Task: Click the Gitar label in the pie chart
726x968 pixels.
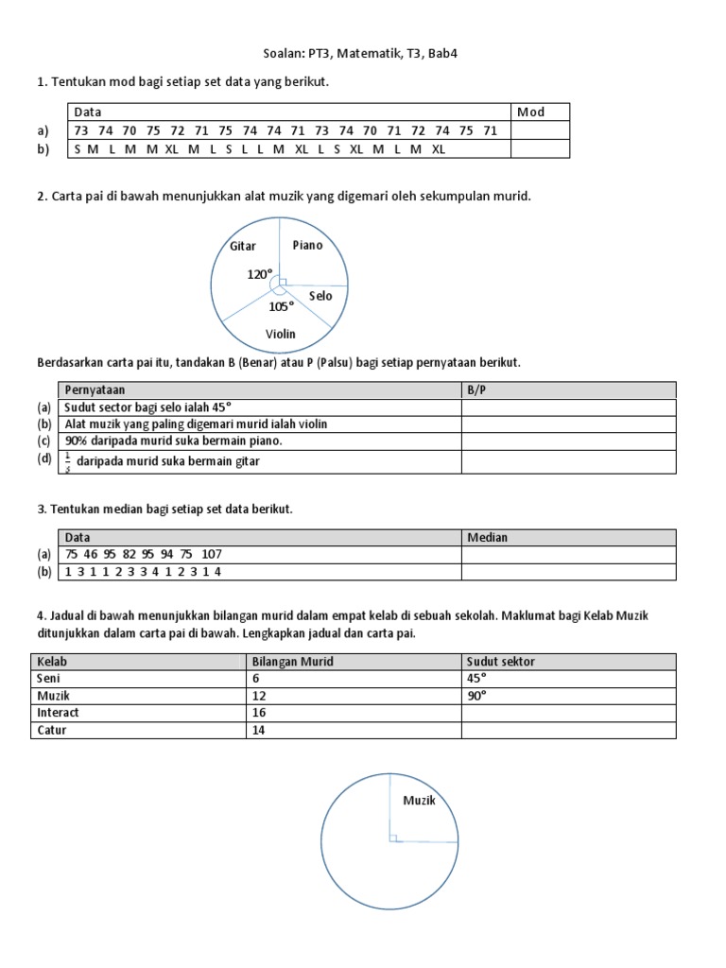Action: click(x=243, y=247)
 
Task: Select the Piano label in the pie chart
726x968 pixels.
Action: click(x=307, y=245)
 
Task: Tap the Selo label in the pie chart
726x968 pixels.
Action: click(x=320, y=296)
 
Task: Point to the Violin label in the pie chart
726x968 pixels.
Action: click(x=281, y=334)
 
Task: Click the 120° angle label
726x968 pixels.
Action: click(x=260, y=274)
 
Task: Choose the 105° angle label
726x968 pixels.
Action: click(x=281, y=306)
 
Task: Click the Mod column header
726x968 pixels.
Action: click(x=530, y=112)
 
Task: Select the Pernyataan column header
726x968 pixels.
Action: click(x=95, y=389)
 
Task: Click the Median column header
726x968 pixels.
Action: click(x=487, y=537)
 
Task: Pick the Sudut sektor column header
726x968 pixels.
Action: click(x=500, y=662)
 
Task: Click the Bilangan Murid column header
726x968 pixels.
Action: click(x=292, y=662)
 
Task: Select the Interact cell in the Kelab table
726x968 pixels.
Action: click(x=58, y=713)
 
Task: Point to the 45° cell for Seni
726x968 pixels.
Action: click(x=478, y=679)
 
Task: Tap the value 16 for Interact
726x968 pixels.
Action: click(x=259, y=713)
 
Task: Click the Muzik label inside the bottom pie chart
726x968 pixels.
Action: click(x=419, y=801)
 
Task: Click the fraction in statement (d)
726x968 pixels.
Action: click(x=69, y=462)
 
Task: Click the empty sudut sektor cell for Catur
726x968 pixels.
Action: click(x=567, y=730)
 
